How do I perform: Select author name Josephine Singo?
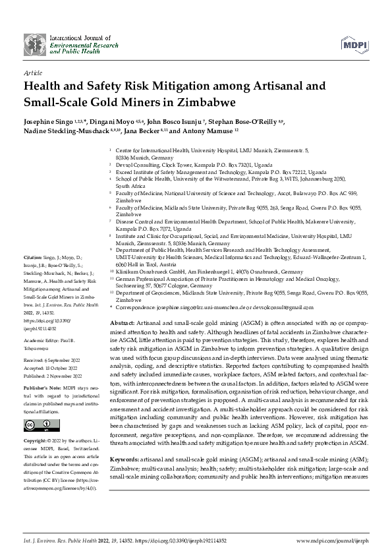tap(50, 122)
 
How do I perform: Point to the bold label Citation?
tap(32, 256)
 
